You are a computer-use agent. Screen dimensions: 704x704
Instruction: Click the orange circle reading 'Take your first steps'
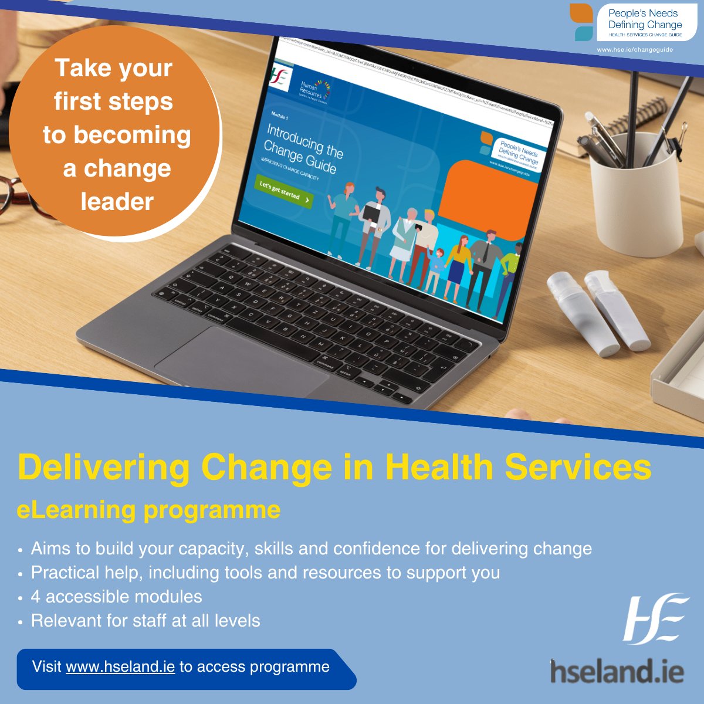click(114, 135)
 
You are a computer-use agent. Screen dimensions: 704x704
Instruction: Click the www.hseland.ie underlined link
click(120, 667)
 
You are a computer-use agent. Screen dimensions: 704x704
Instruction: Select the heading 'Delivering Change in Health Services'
click(334, 468)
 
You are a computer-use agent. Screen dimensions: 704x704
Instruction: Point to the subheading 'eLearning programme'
click(148, 510)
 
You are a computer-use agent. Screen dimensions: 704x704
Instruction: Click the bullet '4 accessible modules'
click(116, 597)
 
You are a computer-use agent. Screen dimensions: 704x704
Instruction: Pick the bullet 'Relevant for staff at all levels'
click(145, 621)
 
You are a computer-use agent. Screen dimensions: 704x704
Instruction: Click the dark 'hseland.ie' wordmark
click(617, 671)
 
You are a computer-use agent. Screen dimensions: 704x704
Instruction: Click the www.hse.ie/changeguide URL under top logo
click(635, 50)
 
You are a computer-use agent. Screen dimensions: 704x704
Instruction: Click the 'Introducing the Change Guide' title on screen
click(303, 149)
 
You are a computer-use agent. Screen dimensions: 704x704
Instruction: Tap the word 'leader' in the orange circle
click(117, 202)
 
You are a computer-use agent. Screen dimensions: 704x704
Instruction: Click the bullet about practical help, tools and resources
click(265, 573)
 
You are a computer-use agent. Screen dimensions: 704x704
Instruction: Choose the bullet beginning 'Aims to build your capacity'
click(311, 549)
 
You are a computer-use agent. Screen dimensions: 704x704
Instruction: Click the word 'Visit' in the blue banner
click(46, 667)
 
